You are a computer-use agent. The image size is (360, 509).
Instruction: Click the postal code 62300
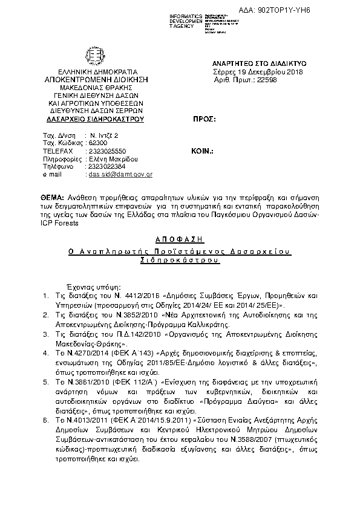[x=98, y=143]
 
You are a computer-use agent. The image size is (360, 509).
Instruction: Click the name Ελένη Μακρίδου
[x=110, y=158]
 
